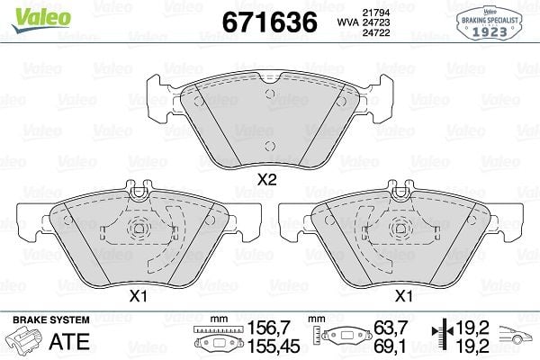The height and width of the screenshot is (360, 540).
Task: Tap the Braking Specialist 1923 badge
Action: tap(491, 21)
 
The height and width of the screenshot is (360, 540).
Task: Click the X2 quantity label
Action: tap(266, 179)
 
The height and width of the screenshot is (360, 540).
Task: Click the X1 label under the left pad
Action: tap(138, 294)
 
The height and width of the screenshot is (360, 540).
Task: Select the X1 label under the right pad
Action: tap(405, 294)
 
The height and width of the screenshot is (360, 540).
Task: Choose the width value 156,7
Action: tap(266, 328)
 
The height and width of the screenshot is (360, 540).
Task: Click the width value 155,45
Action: tap(266, 346)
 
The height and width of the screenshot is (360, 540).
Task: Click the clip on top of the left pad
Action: tap(139, 190)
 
